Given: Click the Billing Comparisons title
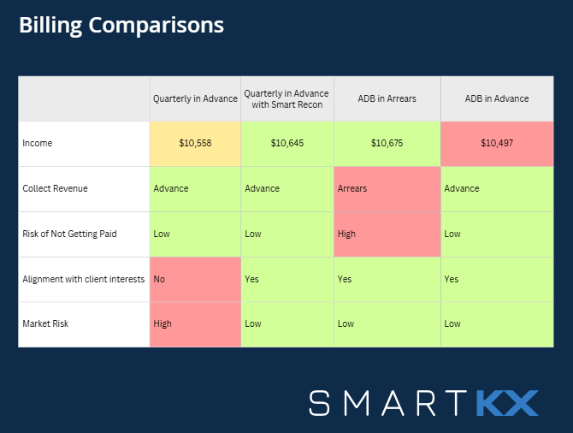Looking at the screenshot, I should click(121, 26).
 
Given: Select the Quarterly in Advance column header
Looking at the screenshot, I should click(195, 98).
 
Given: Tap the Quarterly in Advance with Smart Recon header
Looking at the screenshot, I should click(286, 98).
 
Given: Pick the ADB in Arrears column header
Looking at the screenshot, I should click(387, 98).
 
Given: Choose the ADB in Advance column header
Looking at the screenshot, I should click(497, 98).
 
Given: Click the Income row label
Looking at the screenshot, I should click(38, 143).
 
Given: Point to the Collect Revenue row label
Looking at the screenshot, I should click(55, 188).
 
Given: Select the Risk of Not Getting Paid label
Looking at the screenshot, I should click(69, 234).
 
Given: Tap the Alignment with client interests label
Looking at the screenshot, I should click(82, 279).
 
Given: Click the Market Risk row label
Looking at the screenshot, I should click(45, 323).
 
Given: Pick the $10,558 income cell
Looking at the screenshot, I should click(195, 143).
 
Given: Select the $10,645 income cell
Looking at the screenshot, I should click(286, 143).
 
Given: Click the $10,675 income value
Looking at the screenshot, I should click(387, 143).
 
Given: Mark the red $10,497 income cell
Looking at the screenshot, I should click(497, 143).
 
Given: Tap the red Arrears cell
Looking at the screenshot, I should click(387, 188).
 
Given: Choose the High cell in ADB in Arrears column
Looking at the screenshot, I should click(387, 234).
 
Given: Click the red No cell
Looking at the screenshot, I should click(195, 279).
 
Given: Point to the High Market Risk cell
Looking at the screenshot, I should click(195, 323).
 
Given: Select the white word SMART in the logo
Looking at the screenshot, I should click(390, 402).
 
